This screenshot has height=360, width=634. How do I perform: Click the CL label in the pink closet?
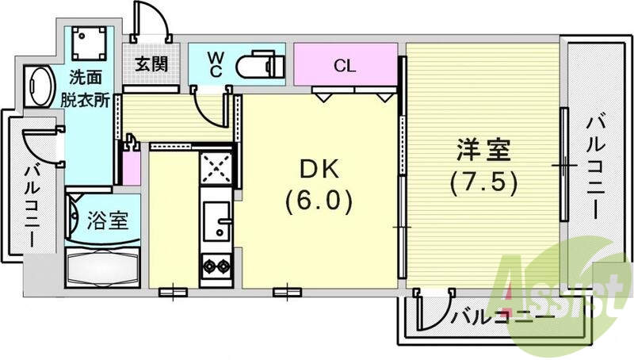pyautogui.click(x=344, y=64)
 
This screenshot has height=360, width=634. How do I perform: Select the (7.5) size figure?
pyautogui.click(x=483, y=183)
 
